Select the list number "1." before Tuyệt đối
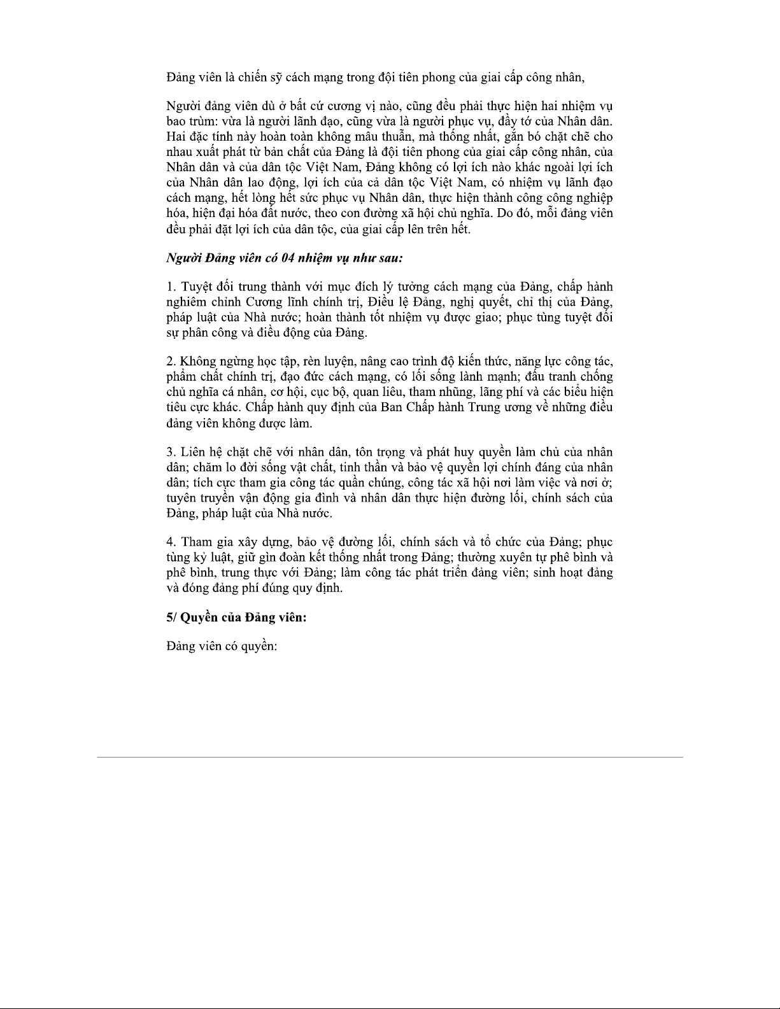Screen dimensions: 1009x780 pos(171,287)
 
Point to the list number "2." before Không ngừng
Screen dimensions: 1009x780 pos(171,362)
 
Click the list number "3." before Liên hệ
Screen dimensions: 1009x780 pos(171,452)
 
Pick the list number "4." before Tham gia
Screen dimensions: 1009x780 pos(171,542)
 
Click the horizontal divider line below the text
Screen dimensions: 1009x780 pos(390,757)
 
